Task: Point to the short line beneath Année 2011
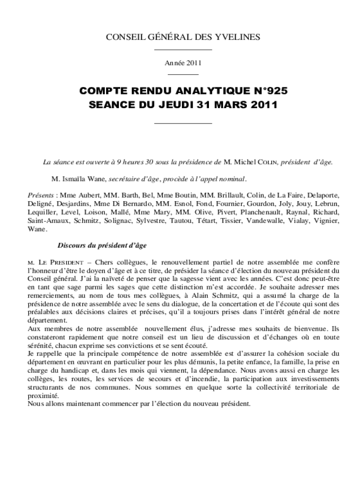tap(183, 74)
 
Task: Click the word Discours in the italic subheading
tap(72, 245)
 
